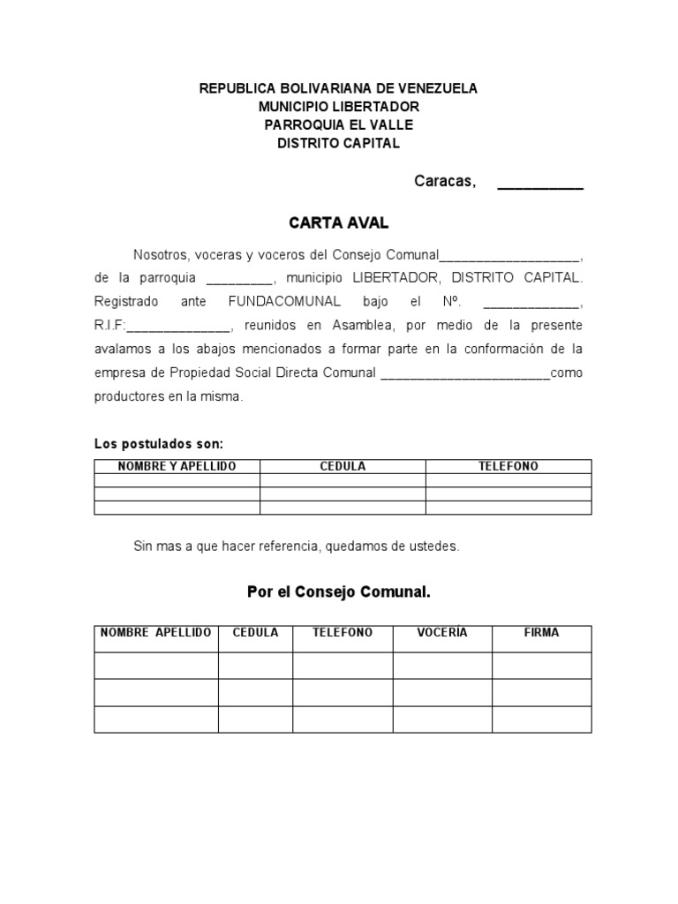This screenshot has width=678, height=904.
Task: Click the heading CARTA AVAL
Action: click(x=338, y=224)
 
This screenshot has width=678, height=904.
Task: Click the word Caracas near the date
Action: click(x=445, y=182)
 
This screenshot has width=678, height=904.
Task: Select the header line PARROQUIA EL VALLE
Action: click(x=338, y=124)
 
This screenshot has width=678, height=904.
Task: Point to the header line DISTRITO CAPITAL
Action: click(x=338, y=143)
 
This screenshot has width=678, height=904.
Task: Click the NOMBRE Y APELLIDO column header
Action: click(x=177, y=466)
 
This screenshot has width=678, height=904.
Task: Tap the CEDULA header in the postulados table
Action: click(x=343, y=466)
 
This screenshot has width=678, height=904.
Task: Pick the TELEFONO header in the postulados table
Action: click(x=508, y=466)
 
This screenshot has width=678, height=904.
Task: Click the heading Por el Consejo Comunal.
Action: click(x=338, y=591)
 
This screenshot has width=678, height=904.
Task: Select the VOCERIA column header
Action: click(x=442, y=633)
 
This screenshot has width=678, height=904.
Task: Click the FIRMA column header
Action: click(x=541, y=633)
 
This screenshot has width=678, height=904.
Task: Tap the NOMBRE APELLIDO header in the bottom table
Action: click(x=155, y=633)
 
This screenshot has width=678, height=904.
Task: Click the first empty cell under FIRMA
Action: click(x=541, y=665)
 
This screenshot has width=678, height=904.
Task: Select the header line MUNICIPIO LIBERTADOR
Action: click(x=338, y=107)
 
